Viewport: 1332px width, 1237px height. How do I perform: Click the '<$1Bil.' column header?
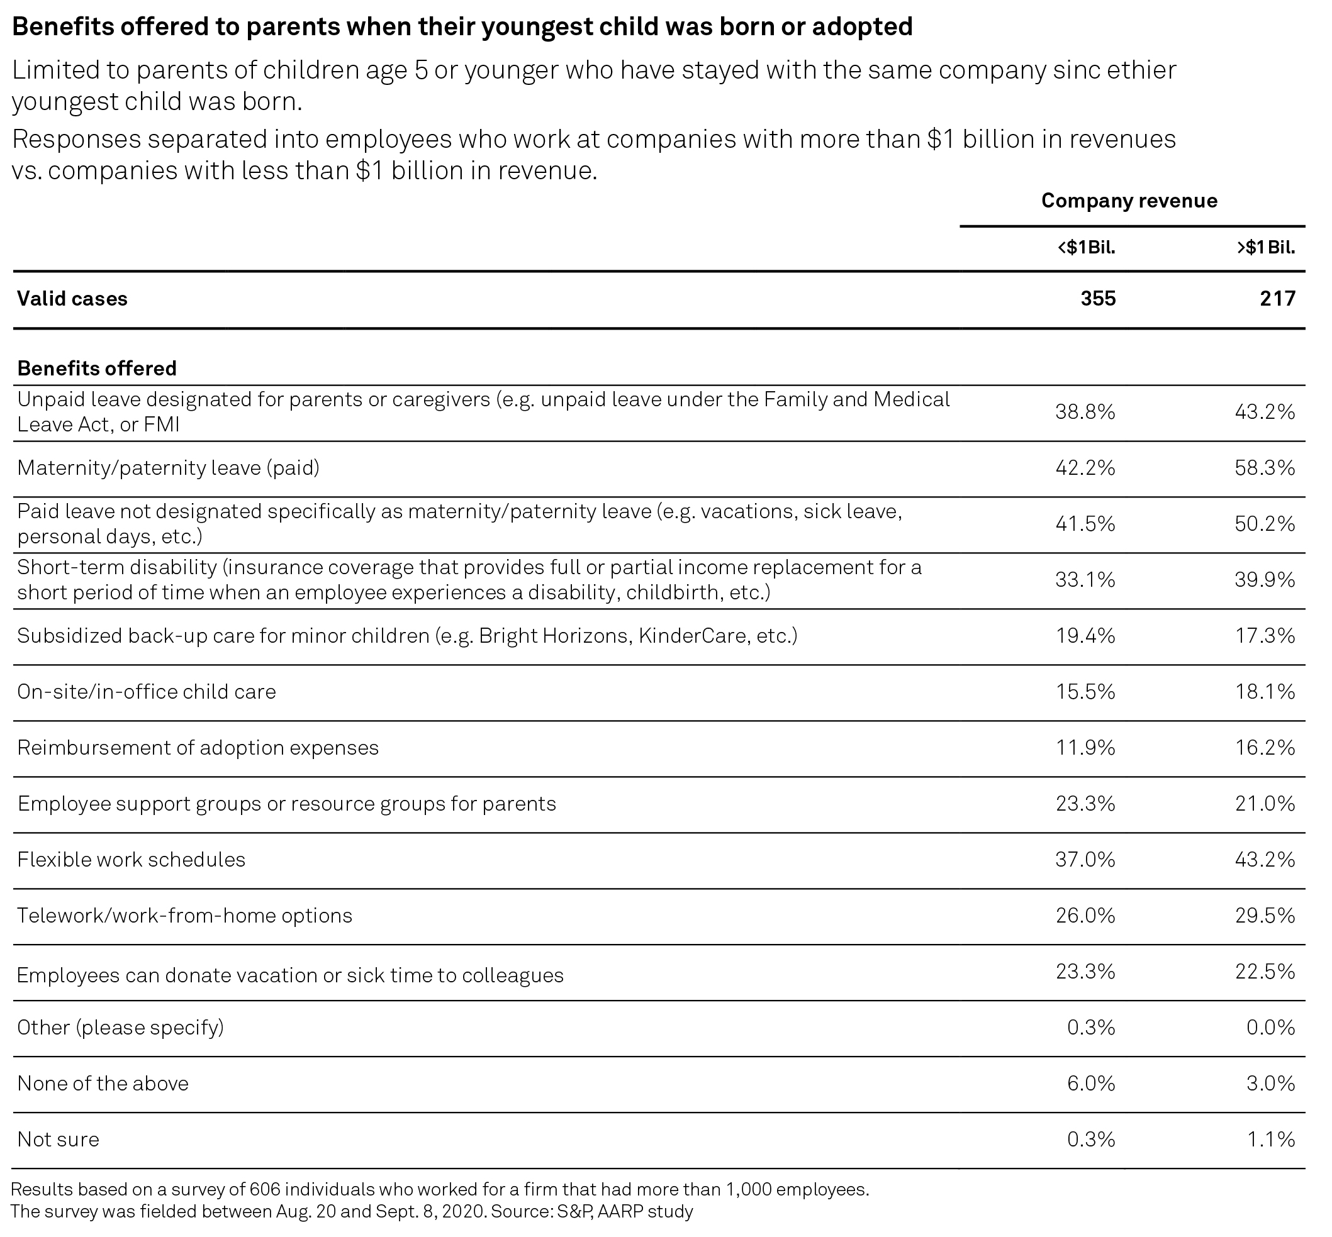(1086, 248)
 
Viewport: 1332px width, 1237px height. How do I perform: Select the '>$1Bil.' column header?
(1266, 248)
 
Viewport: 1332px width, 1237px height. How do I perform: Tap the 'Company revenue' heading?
(1129, 201)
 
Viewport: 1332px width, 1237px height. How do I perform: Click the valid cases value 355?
(1099, 299)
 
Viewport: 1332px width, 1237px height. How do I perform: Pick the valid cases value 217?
(1278, 299)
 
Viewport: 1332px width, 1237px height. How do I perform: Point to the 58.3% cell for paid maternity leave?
(1265, 468)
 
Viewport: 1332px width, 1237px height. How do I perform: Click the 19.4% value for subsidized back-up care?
(1085, 635)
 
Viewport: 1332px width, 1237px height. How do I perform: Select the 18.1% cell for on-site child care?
(1265, 692)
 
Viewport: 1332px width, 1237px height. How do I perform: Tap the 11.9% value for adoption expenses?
(1085, 748)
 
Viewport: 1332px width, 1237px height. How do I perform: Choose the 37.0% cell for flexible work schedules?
(1085, 860)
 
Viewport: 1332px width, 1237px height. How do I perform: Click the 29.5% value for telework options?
(1265, 916)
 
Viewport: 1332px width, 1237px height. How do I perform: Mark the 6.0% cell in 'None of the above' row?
(1092, 1084)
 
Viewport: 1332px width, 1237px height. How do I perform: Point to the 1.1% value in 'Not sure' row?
(1271, 1140)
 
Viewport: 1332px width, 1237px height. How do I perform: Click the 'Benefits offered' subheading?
(97, 368)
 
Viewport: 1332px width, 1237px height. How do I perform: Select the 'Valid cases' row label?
(72, 299)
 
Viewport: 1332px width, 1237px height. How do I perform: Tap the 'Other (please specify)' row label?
(121, 1028)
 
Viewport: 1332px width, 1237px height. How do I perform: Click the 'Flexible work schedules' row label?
(132, 860)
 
